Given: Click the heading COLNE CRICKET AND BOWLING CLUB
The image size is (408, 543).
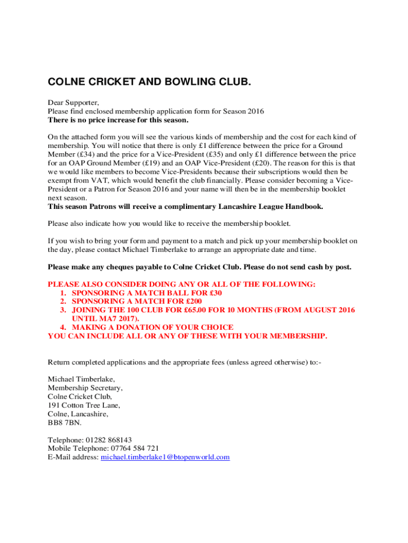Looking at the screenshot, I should click(149, 83).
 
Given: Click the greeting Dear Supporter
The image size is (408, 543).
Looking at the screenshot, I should click(74, 103).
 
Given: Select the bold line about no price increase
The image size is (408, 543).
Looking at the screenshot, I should click(118, 120).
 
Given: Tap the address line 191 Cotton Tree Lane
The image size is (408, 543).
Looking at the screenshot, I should click(84, 405).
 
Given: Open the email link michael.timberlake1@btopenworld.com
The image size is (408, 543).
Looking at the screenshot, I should click(165, 457).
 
